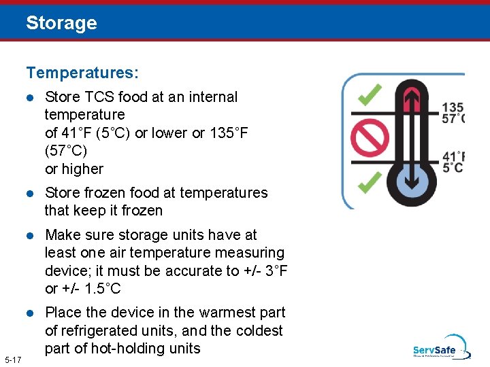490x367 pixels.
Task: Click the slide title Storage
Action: tap(61, 23)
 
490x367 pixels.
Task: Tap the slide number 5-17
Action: tap(12, 360)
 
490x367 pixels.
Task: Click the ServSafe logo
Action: tap(440, 348)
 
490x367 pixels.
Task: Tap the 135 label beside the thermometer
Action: tap(453, 107)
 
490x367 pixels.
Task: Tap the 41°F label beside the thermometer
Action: tap(453, 156)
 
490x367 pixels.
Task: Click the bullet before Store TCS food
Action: tap(30, 97)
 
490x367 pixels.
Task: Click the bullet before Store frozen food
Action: tap(30, 193)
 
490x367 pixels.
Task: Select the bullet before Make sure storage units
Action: tap(30, 235)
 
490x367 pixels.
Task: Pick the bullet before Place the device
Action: tap(30, 313)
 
